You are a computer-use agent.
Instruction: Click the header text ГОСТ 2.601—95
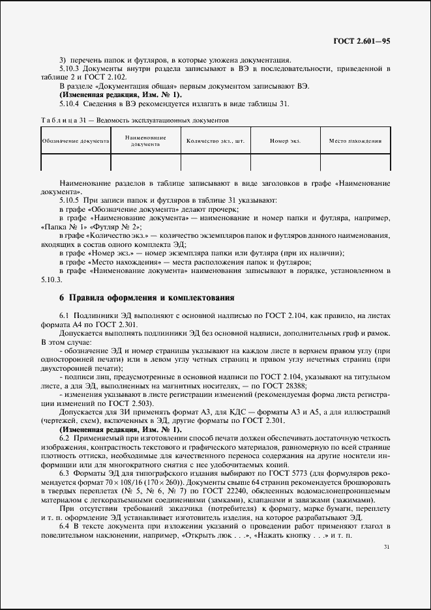click(361, 41)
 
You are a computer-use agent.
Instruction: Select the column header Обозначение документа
click(75, 141)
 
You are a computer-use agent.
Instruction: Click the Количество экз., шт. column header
click(215, 141)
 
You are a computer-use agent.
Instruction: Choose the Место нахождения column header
click(355, 141)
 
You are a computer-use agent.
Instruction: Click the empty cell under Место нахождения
click(355, 162)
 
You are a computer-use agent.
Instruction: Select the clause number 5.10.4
click(69, 104)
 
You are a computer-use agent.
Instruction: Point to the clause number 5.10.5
click(69, 199)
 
